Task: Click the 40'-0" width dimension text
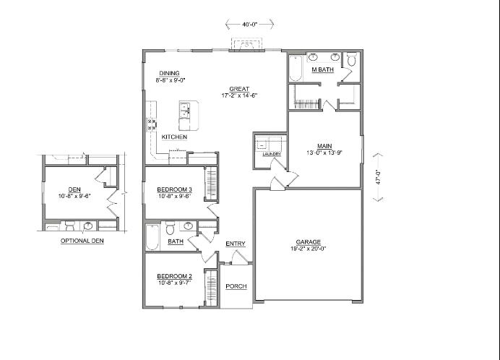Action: click(249, 25)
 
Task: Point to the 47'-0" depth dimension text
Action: click(377, 178)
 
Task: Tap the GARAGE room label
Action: click(308, 242)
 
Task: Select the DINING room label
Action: click(170, 73)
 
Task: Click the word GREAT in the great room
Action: click(239, 88)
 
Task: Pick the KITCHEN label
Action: click(174, 137)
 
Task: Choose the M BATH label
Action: click(322, 70)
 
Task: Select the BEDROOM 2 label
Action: click(173, 277)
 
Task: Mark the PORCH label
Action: click(236, 286)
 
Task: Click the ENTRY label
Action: click(236, 244)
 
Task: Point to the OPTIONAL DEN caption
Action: click(82, 241)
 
